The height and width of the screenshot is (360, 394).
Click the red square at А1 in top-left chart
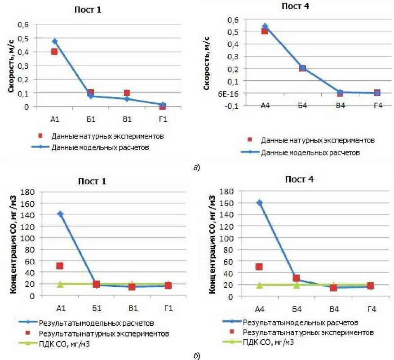pyautogui.click(x=54, y=52)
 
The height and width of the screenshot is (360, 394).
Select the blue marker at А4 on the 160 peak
pyautogui.click(x=259, y=203)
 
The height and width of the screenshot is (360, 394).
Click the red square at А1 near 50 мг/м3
pyautogui.click(x=60, y=266)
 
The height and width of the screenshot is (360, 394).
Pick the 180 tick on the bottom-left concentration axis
pyautogui.click(x=28, y=191)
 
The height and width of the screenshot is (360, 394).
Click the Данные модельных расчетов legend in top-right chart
pyautogui.click(x=310, y=152)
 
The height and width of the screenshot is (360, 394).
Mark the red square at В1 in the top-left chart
pyautogui.click(x=127, y=93)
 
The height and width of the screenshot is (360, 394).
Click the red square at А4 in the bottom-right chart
pyautogui.click(x=259, y=267)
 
